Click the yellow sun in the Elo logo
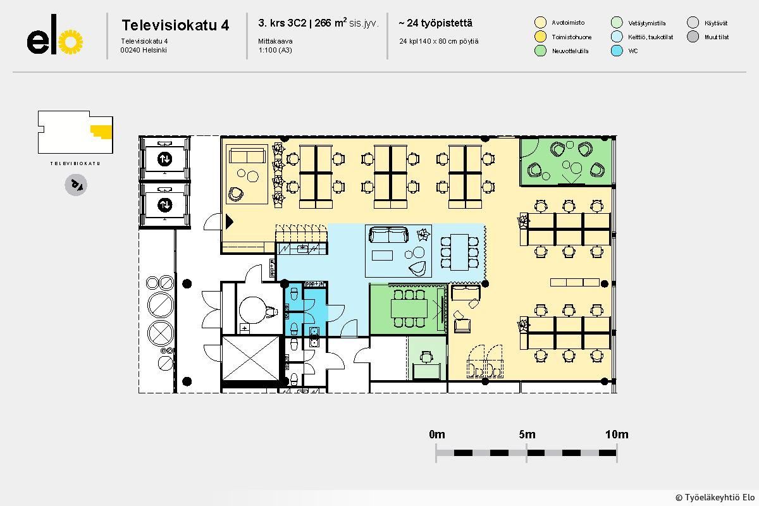(70, 42)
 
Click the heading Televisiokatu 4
(175, 25)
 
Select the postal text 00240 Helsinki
(144, 50)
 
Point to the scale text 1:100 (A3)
(275, 50)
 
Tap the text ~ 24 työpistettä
(435, 23)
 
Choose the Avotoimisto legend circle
(540, 22)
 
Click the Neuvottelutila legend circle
(540, 51)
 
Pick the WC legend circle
(617, 51)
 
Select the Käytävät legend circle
(693, 22)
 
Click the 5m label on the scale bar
(527, 434)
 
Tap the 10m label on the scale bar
(617, 434)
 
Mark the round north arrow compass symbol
(76, 185)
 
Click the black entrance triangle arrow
(230, 221)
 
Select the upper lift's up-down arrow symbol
(164, 159)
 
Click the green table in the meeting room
(409, 309)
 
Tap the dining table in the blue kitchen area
(459, 252)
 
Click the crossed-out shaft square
(250, 358)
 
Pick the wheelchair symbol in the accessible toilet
(271, 311)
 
